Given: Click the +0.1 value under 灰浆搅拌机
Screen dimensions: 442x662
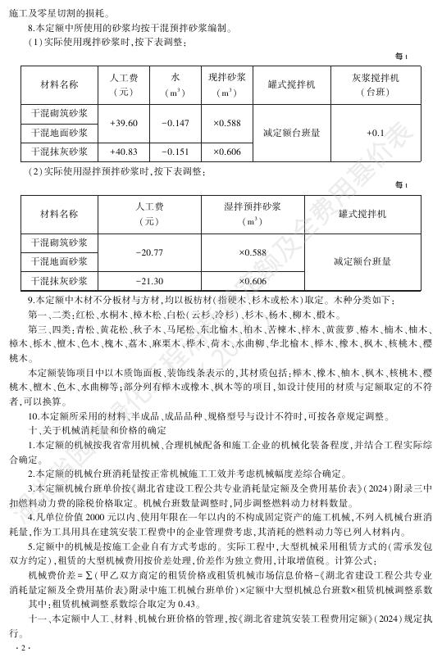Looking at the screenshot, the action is (376, 132).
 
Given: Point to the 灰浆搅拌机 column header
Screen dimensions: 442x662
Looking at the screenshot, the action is (376, 84).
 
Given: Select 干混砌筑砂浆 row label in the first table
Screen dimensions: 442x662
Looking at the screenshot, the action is (60, 112).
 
